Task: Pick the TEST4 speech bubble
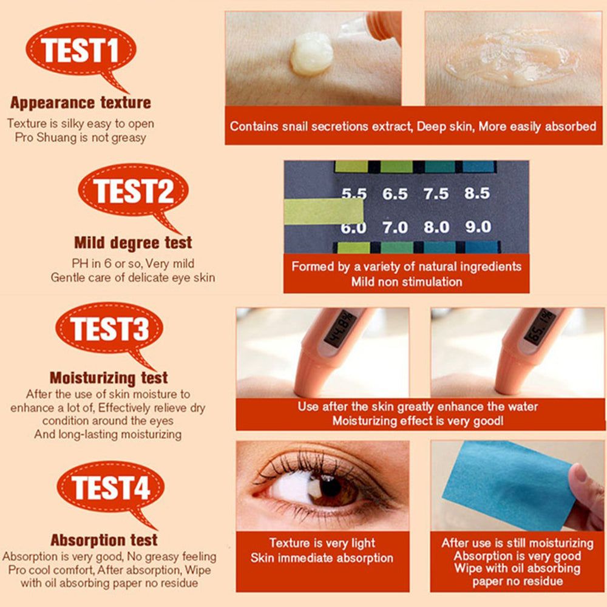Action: click(x=110, y=489)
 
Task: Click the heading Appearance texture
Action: click(x=81, y=103)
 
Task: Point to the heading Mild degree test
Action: click(x=133, y=243)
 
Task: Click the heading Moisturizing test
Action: click(x=109, y=378)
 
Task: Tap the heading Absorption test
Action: click(x=104, y=540)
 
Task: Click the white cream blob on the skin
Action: click(x=311, y=54)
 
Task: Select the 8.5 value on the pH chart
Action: click(x=477, y=193)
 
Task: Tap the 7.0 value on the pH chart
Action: click(x=395, y=227)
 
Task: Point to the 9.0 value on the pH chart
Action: click(x=478, y=226)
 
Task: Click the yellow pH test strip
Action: click(x=324, y=211)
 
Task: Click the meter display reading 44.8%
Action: click(x=341, y=328)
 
